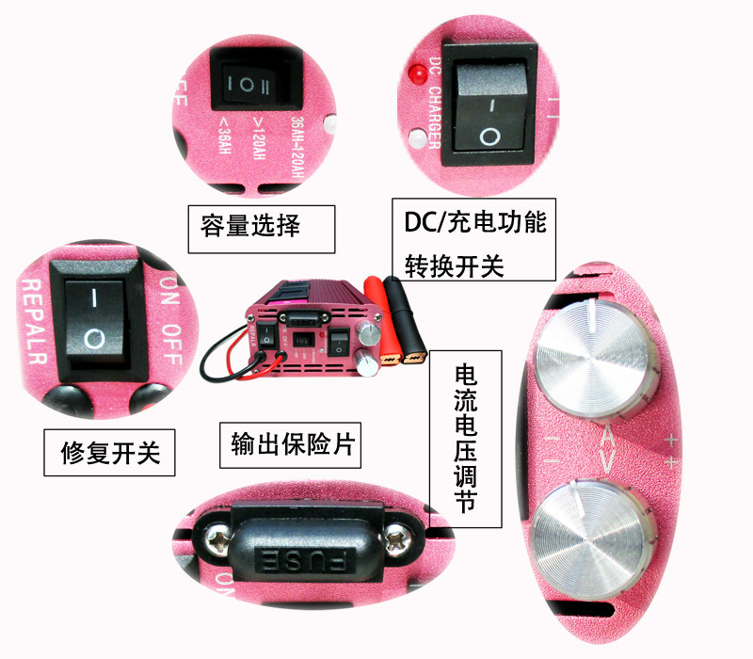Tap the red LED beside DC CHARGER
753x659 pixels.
[413, 72]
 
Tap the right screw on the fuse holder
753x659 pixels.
[395, 539]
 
